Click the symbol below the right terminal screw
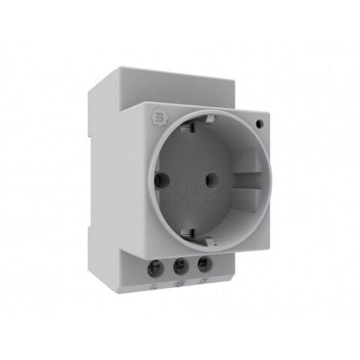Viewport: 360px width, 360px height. coord(203,286)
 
